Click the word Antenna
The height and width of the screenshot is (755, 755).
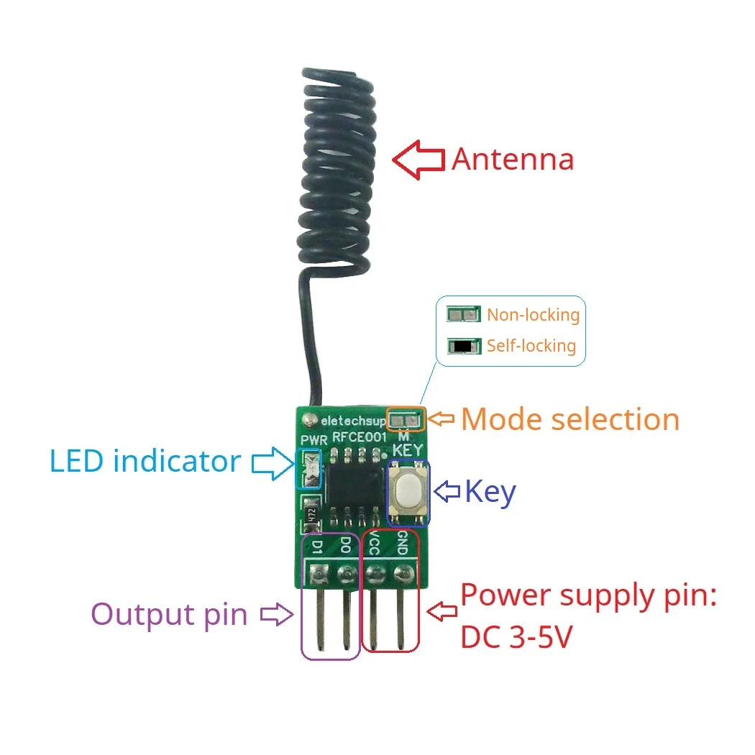click(x=513, y=160)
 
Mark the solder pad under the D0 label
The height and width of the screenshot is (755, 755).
click(x=347, y=574)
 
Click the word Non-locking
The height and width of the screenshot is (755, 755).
click(x=533, y=315)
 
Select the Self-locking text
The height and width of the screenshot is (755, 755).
click(x=531, y=346)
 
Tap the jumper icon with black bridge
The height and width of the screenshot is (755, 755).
click(x=463, y=346)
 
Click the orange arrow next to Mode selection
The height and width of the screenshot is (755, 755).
click(x=443, y=418)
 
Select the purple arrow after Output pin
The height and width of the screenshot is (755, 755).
click(x=276, y=614)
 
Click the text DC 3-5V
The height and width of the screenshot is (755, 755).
click(x=516, y=636)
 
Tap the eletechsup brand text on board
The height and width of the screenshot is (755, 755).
click(x=352, y=420)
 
